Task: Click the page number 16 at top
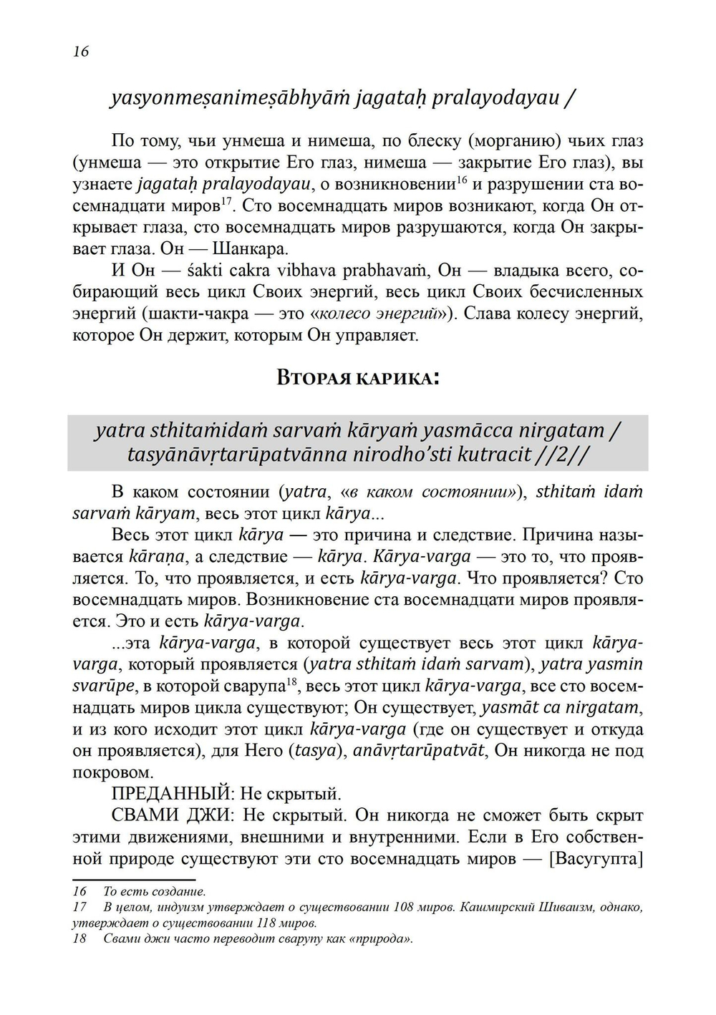(80, 52)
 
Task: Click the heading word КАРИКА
(397, 377)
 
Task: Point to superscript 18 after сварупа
(291, 681)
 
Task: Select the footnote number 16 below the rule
(79, 891)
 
